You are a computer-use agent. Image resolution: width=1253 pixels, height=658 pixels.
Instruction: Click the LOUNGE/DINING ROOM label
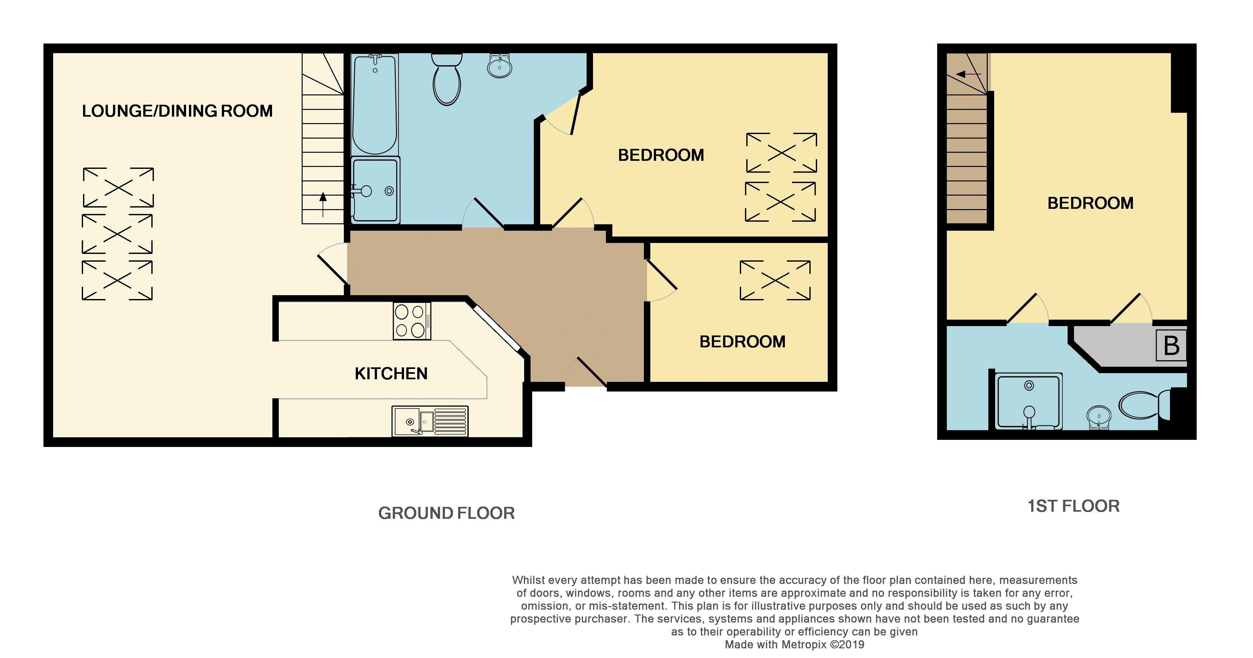pos(177,111)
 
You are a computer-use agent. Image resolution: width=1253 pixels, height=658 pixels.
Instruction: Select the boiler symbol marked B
pos(1171,345)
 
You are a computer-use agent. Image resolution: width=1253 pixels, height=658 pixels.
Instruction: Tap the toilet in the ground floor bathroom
pos(447,80)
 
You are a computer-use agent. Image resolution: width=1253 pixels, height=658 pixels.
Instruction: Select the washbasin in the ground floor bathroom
pos(499,66)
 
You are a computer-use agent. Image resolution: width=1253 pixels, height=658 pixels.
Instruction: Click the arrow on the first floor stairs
pos(966,74)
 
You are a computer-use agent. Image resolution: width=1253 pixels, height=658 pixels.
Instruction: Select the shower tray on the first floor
pos(1028,402)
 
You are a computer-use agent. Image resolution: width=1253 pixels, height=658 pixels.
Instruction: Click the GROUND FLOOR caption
pos(446,513)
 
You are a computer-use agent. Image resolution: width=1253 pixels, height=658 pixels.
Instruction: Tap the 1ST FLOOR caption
pos(1073,506)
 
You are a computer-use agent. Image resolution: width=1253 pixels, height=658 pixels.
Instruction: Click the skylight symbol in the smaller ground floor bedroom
pos(775,280)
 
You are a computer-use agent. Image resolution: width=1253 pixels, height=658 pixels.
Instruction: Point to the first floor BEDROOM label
pos(1090,203)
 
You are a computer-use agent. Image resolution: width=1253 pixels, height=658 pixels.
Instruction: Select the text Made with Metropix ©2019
pos(794,645)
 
